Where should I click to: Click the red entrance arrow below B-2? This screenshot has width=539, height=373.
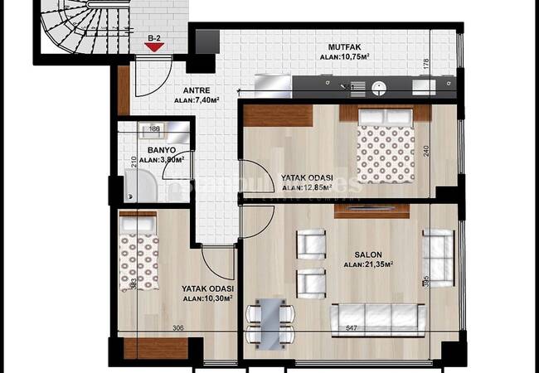pyautogui.click(x=153, y=48)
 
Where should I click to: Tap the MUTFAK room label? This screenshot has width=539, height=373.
pyautogui.click(x=344, y=47)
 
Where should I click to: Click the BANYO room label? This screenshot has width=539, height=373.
pyautogui.click(x=154, y=150)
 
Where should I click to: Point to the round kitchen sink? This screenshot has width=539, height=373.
pyautogui.click(x=379, y=84)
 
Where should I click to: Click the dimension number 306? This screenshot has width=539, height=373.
pyautogui.click(x=178, y=329)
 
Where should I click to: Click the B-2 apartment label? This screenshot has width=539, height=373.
pyautogui.click(x=153, y=36)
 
